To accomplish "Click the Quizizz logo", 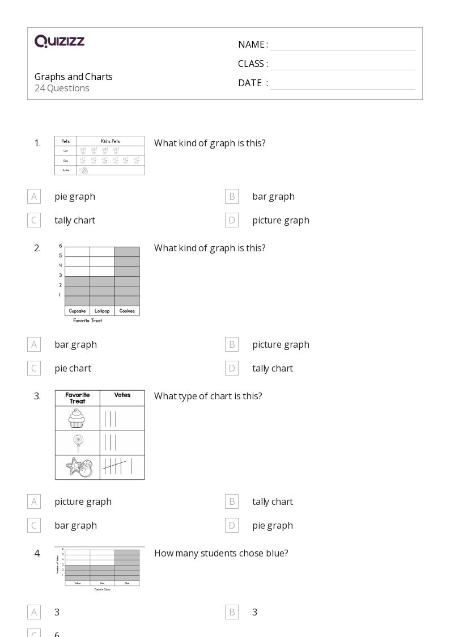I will tap(60, 41).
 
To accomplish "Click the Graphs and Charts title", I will tap(74, 77).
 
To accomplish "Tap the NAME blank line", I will tap(342, 45).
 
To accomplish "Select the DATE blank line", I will tap(342, 84).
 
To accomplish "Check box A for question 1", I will tap(34, 196).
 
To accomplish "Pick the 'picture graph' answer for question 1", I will tap(281, 220).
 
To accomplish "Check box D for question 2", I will tap(232, 368).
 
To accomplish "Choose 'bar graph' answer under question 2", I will tap(75, 344).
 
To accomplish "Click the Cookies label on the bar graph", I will tap(127, 311).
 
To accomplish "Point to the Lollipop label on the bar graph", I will tap(102, 311).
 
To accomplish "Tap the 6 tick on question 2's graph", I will tap(60, 246).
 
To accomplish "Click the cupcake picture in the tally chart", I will tap(77, 419).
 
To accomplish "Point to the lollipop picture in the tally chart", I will tap(77, 443).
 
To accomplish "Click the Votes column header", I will tap(122, 395).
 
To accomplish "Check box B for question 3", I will tap(232, 501).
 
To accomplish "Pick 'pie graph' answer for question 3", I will tap(273, 525).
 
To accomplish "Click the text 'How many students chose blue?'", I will tap(221, 553).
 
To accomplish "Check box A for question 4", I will tap(34, 612).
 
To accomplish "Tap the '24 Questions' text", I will tap(62, 88).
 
